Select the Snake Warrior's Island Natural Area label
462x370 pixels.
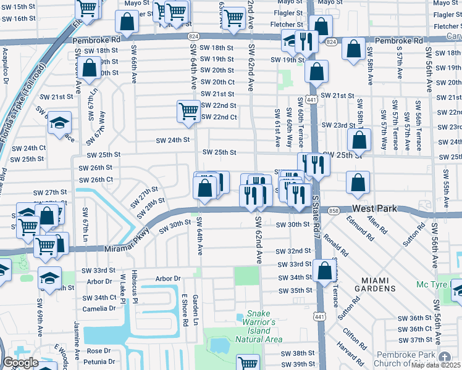(x=259, y=327)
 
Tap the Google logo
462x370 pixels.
(x=20, y=363)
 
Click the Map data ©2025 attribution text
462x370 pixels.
(x=436, y=365)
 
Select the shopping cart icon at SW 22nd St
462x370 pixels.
(x=188, y=110)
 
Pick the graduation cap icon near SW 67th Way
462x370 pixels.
(x=59, y=123)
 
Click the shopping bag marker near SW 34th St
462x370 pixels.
(x=324, y=269)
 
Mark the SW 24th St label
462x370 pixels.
(x=172, y=140)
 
